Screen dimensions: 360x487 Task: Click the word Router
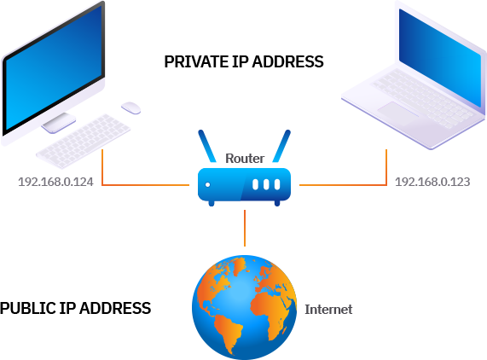(245, 159)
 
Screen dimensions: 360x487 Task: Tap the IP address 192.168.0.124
(55, 183)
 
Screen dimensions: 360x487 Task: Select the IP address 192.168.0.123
(432, 183)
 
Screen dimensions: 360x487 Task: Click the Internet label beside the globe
(328, 309)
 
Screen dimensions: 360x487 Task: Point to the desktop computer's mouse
(130, 107)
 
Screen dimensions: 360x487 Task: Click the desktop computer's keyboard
(83, 141)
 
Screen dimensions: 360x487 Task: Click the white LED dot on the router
(207, 183)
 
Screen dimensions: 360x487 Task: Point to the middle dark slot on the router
(265, 183)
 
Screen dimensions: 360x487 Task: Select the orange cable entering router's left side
(145, 183)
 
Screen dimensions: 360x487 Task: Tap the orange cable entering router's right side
(341, 183)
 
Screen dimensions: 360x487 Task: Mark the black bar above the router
(245, 61)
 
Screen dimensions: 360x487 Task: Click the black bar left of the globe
(75, 308)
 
